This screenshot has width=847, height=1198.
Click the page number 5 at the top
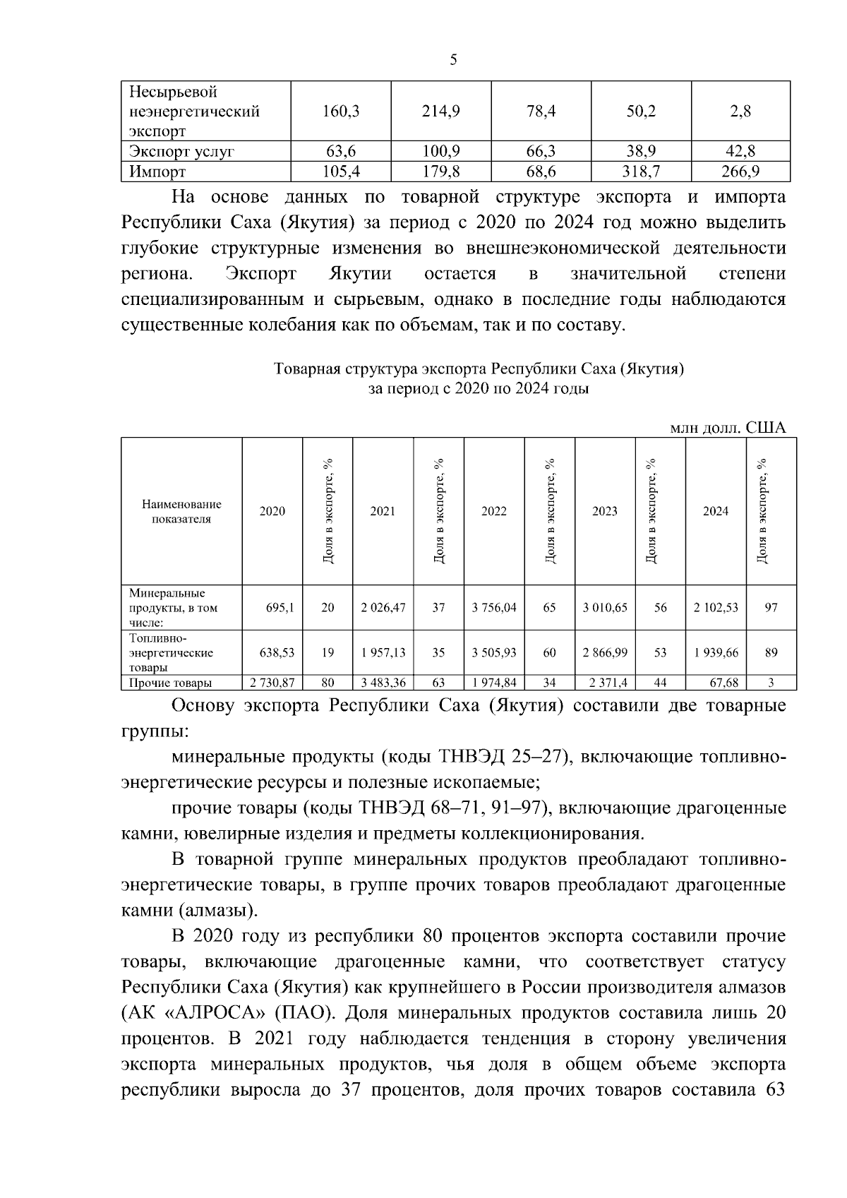click(453, 60)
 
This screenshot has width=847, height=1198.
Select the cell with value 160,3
click(341, 111)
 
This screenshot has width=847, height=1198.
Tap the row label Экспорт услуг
click(181, 151)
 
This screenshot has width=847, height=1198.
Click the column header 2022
click(493, 511)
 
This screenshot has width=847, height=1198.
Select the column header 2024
click(716, 511)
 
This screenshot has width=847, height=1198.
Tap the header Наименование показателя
click(181, 511)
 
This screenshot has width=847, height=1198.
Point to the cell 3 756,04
click(493, 607)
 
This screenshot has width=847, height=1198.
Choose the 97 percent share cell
click(771, 607)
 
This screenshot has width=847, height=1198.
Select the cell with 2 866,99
click(605, 653)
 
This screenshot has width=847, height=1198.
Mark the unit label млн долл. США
click(728, 428)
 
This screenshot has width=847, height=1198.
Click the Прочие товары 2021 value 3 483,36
click(383, 683)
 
